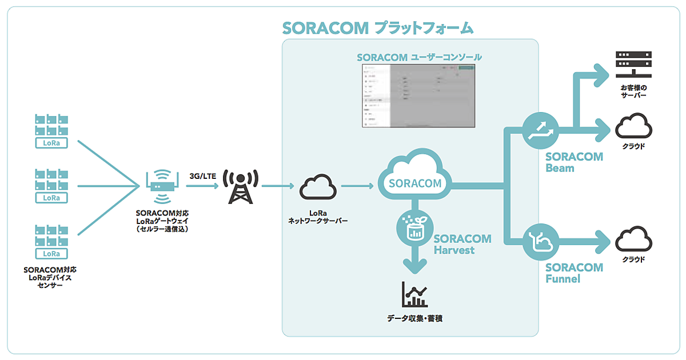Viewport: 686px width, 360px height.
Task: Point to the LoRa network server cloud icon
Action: pos(317,187)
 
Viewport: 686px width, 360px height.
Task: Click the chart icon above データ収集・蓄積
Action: pos(414,295)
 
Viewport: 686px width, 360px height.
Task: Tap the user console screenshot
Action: pos(418,95)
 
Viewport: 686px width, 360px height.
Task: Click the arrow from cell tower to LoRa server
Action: pos(277,186)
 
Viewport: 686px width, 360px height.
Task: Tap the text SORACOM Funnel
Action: pos(573,273)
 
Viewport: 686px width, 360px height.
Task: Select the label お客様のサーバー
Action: pos(633,92)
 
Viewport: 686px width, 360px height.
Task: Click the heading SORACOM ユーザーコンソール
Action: pos(419,57)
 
